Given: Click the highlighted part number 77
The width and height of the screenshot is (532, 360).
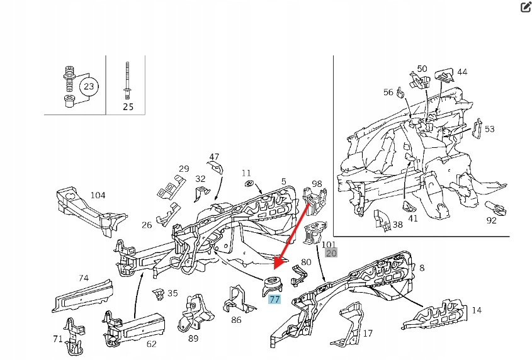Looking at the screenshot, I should point(274,300).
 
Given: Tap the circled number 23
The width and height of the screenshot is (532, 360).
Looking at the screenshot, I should point(89,87).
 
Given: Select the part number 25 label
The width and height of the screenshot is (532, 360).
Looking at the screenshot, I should point(128,106).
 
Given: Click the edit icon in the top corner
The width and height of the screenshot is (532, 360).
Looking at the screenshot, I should point(526,8).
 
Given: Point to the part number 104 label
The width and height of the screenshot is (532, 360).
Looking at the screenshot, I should point(98,195).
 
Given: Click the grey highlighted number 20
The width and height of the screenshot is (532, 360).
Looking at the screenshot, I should point(331,254).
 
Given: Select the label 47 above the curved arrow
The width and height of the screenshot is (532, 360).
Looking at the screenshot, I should point(214,157).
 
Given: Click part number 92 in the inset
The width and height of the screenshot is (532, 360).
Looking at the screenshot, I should point(491,220).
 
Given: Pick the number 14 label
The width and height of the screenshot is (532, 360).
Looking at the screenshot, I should point(476,310).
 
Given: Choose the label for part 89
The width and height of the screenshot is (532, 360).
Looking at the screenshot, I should point(193,339).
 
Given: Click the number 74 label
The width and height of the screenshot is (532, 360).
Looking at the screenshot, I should point(84,278).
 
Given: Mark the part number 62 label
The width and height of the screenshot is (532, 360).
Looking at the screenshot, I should point(151,344).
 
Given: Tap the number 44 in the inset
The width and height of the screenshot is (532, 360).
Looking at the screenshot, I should point(462,72).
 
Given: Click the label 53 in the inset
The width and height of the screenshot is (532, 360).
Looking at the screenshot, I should point(489,129).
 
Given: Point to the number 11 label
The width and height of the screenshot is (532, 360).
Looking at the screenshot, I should point(246,172).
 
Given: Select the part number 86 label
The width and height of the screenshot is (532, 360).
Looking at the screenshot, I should point(236,320).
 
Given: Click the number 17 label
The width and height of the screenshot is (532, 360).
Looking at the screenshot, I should point(368,334).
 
